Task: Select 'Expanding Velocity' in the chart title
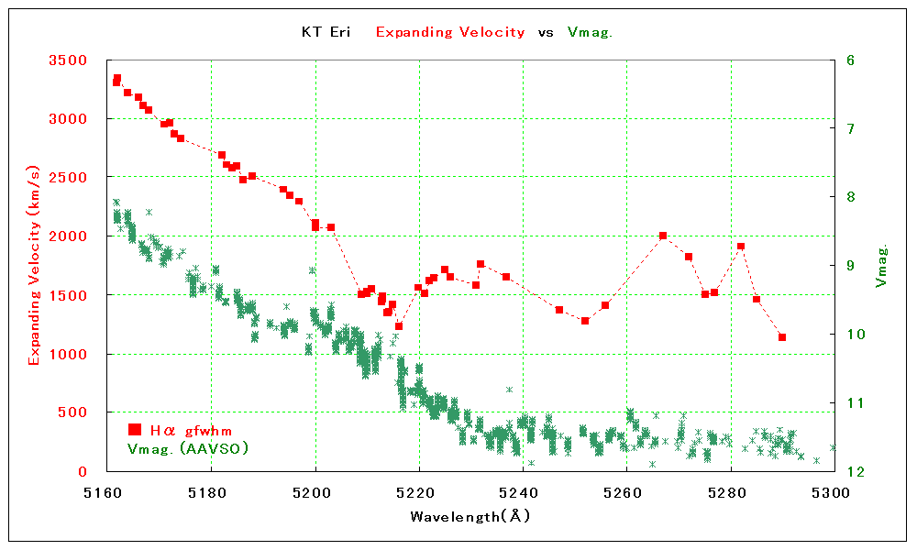tap(450, 32)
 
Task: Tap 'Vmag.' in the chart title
tap(590, 32)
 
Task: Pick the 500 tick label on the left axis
tap(83, 412)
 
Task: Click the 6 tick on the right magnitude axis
tap(850, 60)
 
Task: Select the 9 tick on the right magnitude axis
tap(850, 266)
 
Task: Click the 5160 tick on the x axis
tap(107, 492)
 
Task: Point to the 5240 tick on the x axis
tap(523, 492)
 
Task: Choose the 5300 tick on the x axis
tap(834, 492)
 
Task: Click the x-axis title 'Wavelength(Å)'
tap(470, 516)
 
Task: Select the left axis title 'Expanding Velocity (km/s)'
tap(34, 266)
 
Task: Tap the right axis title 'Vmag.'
tap(881, 266)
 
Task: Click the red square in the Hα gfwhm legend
tap(135, 429)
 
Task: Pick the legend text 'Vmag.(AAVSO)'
tap(188, 448)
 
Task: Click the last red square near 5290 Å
tap(782, 337)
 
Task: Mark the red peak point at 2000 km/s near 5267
tap(663, 236)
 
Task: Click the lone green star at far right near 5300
tap(833, 448)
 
